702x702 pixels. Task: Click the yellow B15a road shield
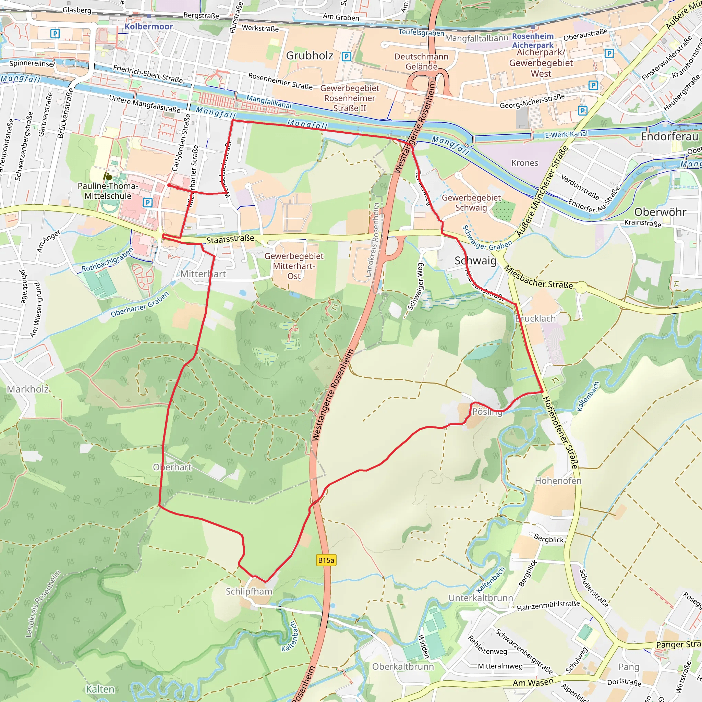point(326,560)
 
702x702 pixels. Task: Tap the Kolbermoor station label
point(149,26)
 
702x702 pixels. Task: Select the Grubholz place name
point(309,56)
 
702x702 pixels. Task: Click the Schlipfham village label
point(249,591)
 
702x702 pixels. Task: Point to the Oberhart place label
point(172,467)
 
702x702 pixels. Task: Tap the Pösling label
point(487,412)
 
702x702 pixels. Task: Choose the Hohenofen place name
point(558,481)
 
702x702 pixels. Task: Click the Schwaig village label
point(475,261)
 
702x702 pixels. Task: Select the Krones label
point(524,163)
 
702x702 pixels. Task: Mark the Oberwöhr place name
point(660,212)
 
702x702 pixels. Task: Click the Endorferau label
point(669,137)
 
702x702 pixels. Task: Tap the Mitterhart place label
point(203,274)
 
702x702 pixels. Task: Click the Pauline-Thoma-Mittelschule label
point(108,191)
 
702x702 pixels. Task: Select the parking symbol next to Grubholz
point(346,56)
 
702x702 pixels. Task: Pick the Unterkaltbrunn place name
point(480,598)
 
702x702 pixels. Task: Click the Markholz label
point(28,389)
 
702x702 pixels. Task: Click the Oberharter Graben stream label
point(140,304)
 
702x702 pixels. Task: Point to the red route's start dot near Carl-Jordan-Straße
point(169,185)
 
